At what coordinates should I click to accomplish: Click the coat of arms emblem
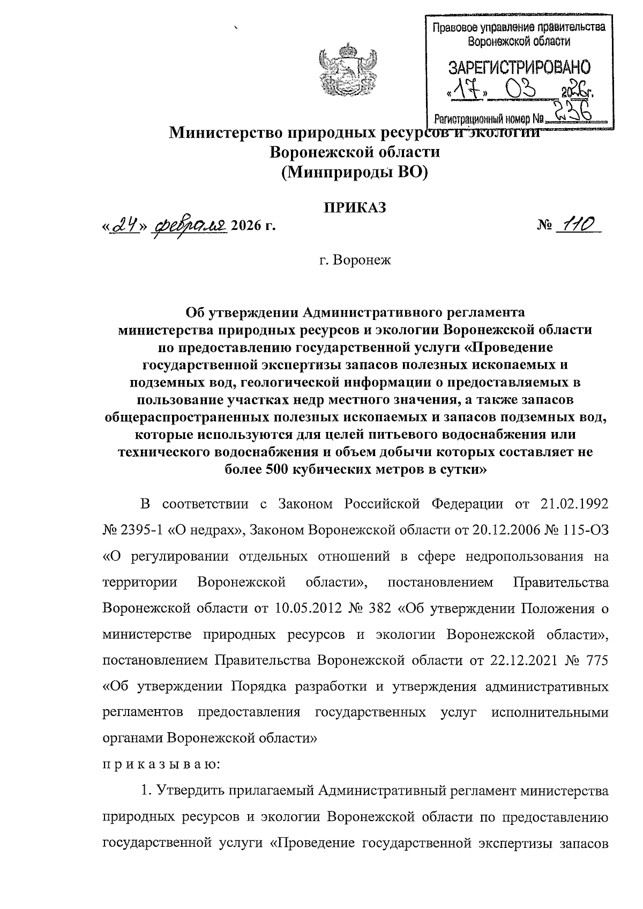343,72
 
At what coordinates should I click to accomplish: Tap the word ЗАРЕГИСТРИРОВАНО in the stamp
519,68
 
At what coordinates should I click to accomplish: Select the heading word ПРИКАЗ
354,208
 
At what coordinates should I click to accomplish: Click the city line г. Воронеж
355,262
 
